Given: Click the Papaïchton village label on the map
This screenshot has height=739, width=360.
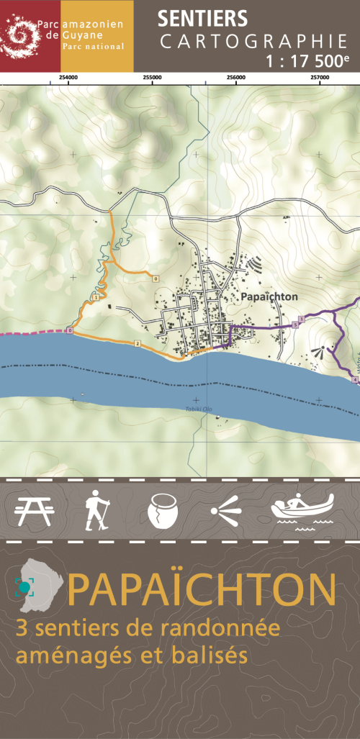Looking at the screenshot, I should [x=270, y=296].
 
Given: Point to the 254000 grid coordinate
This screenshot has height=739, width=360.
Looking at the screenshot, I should [x=68, y=77].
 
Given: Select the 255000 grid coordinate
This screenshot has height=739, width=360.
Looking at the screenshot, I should [x=152, y=77].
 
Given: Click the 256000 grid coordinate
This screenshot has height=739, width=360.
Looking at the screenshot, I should [x=236, y=77].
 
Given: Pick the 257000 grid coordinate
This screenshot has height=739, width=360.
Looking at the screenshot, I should [x=320, y=77].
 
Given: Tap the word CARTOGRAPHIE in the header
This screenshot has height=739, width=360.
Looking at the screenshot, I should [x=253, y=42].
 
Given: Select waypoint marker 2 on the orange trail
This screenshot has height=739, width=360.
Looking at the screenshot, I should [x=137, y=344].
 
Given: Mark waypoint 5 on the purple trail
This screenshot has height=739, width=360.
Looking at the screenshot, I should [x=295, y=325].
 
